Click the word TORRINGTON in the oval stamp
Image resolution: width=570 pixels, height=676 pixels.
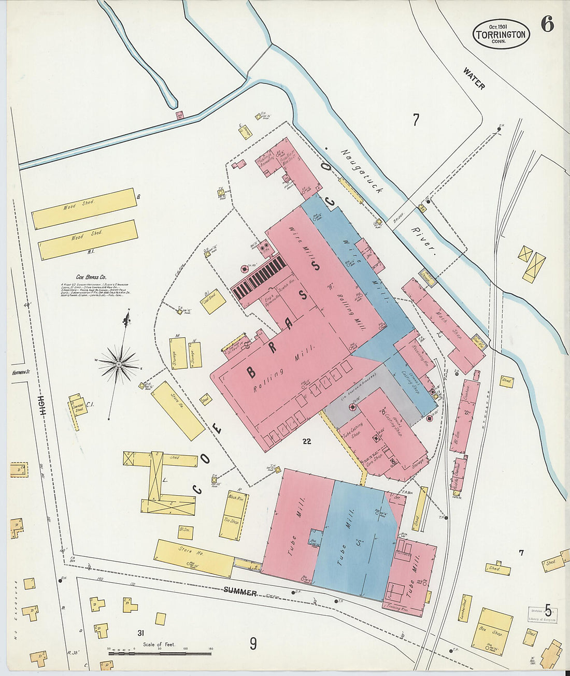[501, 35]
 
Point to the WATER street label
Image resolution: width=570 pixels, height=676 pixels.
[474, 78]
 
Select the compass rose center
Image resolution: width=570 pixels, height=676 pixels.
[119, 365]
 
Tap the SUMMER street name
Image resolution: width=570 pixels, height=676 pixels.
[240, 592]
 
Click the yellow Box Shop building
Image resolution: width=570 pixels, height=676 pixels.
[492, 631]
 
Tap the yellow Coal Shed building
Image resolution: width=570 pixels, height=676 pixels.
[213, 301]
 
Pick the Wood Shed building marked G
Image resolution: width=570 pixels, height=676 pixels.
[84, 209]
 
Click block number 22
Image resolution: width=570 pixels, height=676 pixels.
[307, 441]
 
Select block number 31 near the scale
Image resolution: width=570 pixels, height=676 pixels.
[140, 633]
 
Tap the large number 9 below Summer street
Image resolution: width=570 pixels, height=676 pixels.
[253, 644]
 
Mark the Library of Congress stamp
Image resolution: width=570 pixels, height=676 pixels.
[543, 615]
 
